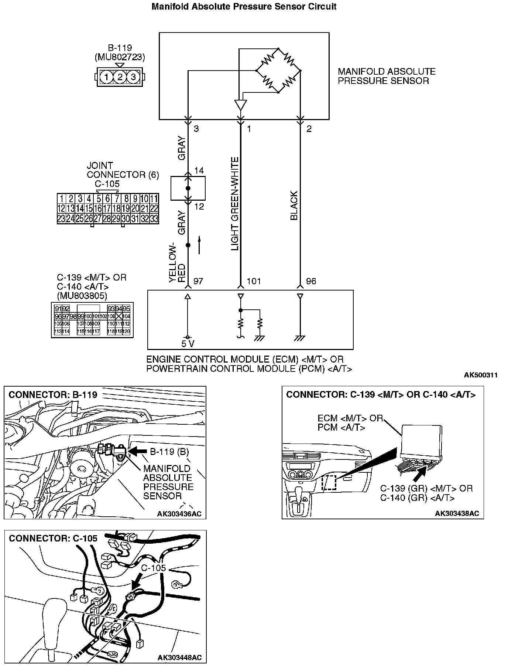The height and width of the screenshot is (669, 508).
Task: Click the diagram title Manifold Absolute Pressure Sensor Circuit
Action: pyautogui.click(x=244, y=7)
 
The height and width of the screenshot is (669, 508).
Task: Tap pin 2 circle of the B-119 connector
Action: pyautogui.click(x=120, y=77)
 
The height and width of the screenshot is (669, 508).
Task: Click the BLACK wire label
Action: pyautogui.click(x=294, y=206)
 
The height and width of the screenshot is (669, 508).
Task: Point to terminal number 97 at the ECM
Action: pyautogui.click(x=198, y=281)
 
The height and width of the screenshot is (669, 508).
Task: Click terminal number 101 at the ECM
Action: pyautogui.click(x=254, y=281)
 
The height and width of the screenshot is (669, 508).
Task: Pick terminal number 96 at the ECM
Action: pyautogui.click(x=311, y=281)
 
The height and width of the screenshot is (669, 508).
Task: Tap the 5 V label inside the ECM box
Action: pyautogui.click(x=188, y=344)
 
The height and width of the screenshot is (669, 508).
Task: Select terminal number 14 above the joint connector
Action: pyautogui.click(x=199, y=170)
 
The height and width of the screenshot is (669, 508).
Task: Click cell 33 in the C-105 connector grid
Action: pyautogui.click(x=154, y=218)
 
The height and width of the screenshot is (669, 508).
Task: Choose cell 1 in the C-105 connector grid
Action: pyautogui.click(x=62, y=198)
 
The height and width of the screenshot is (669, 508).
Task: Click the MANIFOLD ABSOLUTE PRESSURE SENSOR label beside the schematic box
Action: pyautogui.click(x=386, y=76)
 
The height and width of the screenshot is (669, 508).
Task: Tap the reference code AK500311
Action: pyautogui.click(x=481, y=375)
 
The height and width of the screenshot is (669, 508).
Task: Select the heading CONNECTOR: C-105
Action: pyautogui.click(x=53, y=538)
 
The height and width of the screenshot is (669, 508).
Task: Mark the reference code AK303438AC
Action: pyautogui.click(x=457, y=513)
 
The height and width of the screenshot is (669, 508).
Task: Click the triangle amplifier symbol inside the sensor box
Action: pyautogui.click(x=240, y=105)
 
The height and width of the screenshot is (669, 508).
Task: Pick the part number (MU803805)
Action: pyautogui.click(x=82, y=296)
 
